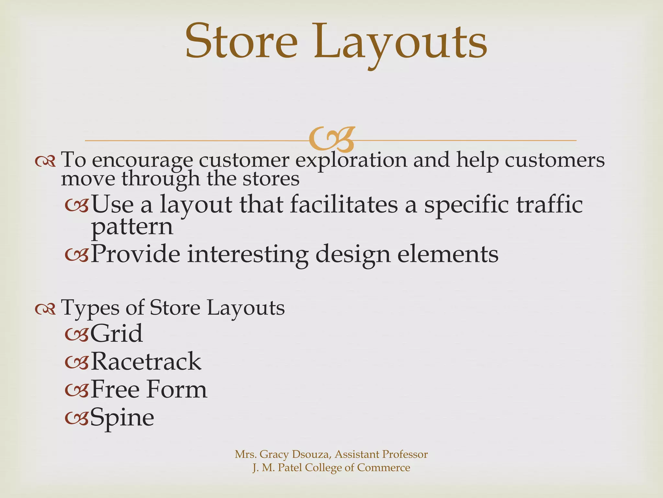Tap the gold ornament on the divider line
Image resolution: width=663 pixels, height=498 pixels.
(x=332, y=140)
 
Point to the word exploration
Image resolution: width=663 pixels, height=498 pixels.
(x=351, y=161)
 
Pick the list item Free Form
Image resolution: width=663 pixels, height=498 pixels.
(x=149, y=389)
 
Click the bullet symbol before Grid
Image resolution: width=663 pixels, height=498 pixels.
(x=76, y=335)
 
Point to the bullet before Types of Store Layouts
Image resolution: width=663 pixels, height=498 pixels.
(x=45, y=310)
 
